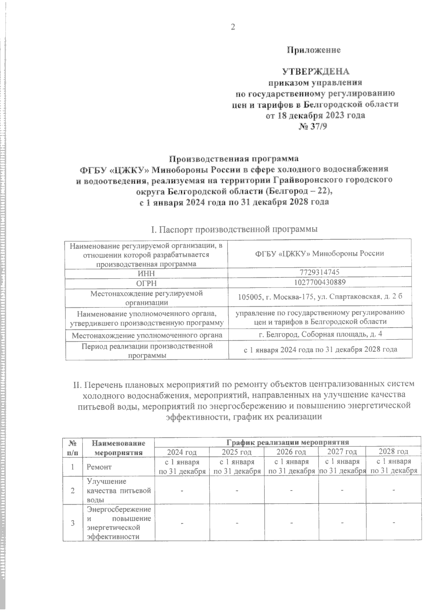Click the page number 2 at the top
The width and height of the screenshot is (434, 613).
tap(233, 27)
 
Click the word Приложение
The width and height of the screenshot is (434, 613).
tap(314, 50)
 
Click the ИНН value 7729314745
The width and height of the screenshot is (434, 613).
tap(320, 272)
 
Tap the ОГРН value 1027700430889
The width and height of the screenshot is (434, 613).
tap(320, 282)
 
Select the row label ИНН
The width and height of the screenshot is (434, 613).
tap(146, 273)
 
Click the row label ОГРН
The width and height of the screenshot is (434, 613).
tap(146, 283)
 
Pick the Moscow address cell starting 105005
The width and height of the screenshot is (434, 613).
tap(320, 297)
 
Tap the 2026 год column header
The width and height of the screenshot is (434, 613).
tap(291, 452)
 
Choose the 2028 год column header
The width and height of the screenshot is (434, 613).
tap(393, 452)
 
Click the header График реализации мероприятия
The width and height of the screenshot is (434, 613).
tap(287, 441)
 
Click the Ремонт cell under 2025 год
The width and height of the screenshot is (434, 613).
tap(237, 466)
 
